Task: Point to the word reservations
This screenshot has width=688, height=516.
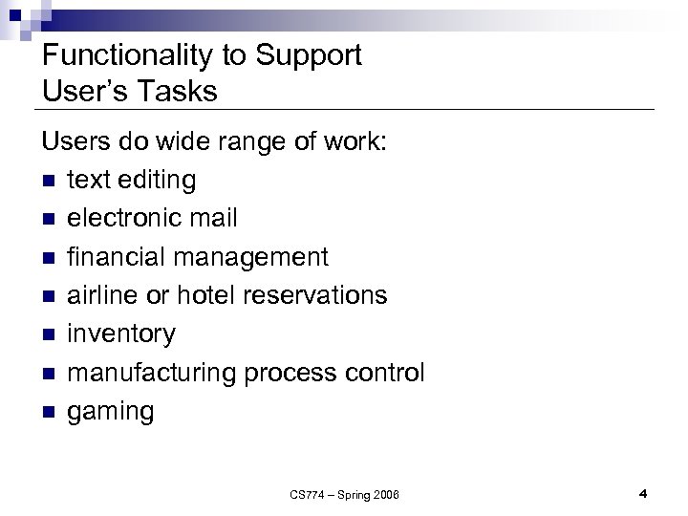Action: (315, 295)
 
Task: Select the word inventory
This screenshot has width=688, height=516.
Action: (121, 334)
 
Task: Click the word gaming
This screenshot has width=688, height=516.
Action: (110, 412)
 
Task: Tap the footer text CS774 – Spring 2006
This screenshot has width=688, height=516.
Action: (345, 494)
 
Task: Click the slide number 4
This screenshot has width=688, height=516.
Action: (643, 493)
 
